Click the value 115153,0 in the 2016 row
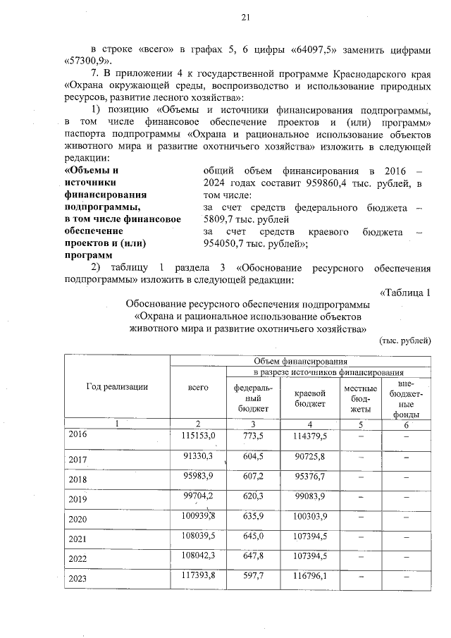198,436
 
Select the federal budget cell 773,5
252,436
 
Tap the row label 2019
78,500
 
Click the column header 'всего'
198,388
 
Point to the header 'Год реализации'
117,386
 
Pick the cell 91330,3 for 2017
198,456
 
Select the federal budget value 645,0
252,538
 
